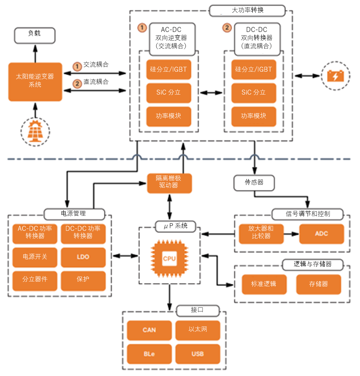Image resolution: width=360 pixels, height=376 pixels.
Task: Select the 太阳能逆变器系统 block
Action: point(35,81)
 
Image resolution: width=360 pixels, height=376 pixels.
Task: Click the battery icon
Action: point(335,76)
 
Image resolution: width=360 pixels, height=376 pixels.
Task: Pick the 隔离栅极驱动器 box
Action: point(169,183)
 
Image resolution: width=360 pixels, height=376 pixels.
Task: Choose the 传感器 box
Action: point(254,182)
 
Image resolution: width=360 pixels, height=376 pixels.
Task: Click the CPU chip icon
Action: point(169,258)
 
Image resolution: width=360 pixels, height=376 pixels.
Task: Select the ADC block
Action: point(321,234)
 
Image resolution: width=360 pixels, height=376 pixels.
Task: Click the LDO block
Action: point(83,257)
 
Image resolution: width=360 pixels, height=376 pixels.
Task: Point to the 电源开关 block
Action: point(35,257)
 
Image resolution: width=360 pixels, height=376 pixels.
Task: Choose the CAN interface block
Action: point(149,330)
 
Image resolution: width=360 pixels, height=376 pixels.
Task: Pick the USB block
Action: point(197,354)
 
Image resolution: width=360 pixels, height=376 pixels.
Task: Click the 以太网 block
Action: point(197,329)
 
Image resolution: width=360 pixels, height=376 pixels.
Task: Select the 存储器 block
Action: point(319,284)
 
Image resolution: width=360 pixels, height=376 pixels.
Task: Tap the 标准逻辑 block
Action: point(264,284)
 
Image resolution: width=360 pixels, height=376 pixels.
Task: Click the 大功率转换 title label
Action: point(247,11)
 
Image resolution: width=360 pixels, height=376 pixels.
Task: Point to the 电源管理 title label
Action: point(74,214)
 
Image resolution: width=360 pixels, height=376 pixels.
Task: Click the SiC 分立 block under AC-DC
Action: point(169,92)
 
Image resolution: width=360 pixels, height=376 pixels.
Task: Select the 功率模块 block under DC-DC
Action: point(253,116)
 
